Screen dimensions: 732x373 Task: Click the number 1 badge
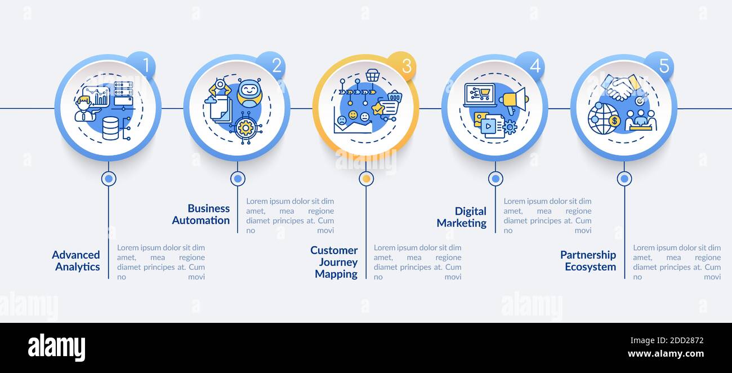point(142,65)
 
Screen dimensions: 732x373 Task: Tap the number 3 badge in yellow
point(402,65)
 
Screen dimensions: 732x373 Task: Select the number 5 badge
point(659,65)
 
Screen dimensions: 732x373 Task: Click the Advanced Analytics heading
point(76,260)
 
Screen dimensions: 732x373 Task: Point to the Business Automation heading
point(200,214)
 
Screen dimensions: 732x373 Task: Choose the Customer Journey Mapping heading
point(334,262)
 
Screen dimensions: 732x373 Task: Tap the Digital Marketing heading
point(461,217)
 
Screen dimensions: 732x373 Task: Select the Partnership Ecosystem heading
point(588,260)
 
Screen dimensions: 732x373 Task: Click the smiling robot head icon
point(249,92)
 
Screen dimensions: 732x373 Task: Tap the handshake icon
point(621,87)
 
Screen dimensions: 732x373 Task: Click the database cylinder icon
point(110,129)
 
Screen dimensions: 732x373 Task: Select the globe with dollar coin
point(604,119)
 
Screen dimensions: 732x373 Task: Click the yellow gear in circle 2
point(245,127)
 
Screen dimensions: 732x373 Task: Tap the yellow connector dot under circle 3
point(367,179)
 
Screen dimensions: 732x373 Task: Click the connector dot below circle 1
point(109,179)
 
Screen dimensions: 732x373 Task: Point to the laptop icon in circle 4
point(480,95)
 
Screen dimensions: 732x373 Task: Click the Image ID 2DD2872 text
point(667,340)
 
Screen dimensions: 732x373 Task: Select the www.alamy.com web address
point(666,354)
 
